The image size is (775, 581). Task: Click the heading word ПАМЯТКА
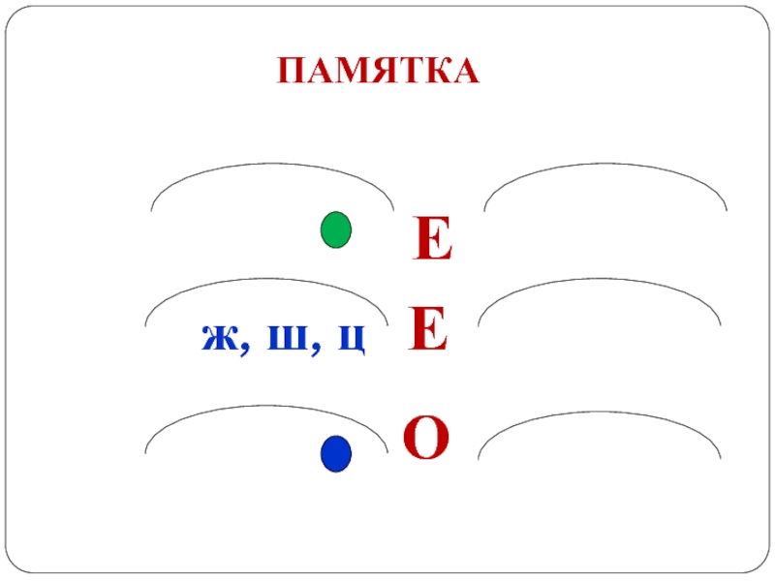pos(378,71)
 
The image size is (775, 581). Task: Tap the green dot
pos(335,230)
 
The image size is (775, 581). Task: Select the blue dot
pos(335,453)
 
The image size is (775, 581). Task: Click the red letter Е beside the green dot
pos(433,240)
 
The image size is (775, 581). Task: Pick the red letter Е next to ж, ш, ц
pos(427,330)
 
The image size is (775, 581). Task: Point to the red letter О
pos(426,438)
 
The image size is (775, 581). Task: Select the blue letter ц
pos(351,339)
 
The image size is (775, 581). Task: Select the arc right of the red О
pos(599,413)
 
